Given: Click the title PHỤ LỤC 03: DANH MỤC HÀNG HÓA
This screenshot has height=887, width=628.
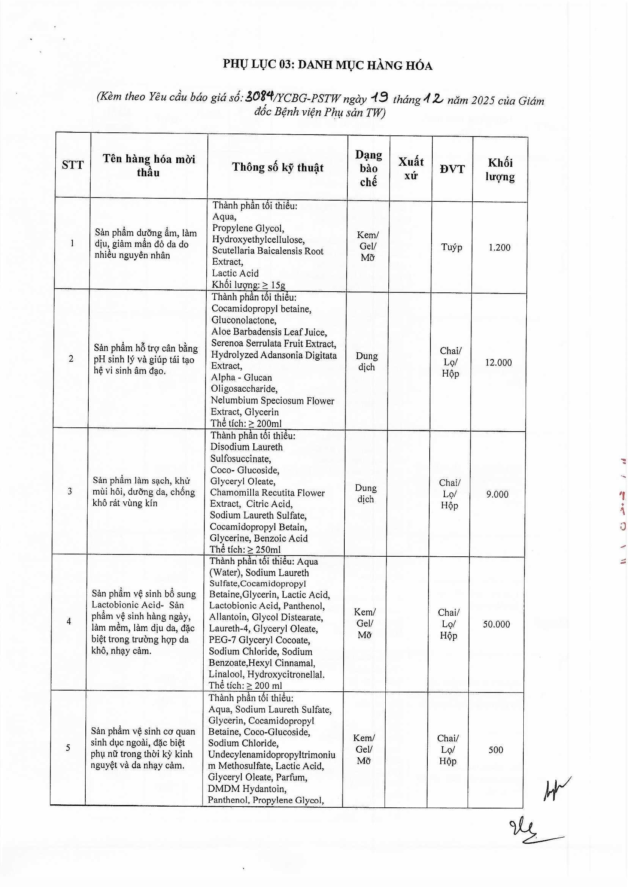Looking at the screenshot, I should pos(327,65).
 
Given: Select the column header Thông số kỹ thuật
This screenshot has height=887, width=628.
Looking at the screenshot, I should pos(278,167).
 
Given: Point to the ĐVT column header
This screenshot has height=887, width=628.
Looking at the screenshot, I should pos(452,169).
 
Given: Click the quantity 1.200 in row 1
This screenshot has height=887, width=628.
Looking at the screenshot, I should pos(499,248).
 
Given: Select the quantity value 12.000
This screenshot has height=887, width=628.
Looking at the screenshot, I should pos(498,362).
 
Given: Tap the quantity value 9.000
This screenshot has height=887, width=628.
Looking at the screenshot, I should pos(497,494).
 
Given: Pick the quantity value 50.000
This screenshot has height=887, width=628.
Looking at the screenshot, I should pos(496,624).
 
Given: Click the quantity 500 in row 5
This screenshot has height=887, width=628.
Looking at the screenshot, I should pos(495,750).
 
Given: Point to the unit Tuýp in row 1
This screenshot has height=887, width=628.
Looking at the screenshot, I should pos(452,247).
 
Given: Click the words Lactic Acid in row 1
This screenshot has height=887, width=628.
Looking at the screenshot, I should pos(235,273).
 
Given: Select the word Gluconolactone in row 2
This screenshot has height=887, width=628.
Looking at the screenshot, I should pos(243,320).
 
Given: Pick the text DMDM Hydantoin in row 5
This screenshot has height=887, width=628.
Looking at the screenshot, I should pos(247,788).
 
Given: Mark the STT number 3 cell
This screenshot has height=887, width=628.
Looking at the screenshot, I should pos(70,491).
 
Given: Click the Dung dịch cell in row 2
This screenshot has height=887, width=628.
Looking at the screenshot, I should pos(366,361).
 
